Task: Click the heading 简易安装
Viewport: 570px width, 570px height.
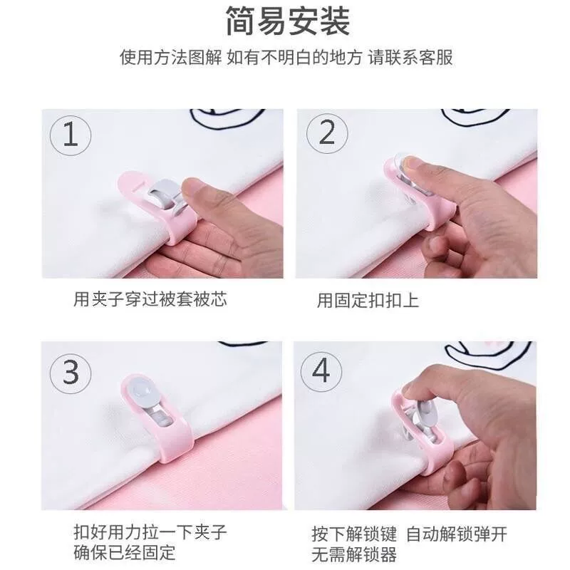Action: click(288, 21)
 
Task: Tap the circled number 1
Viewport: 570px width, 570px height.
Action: click(71, 135)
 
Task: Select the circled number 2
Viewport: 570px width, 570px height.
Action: click(327, 133)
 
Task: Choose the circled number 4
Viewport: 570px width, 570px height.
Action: click(321, 371)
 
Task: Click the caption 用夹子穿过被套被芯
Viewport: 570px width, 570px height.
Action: click(150, 299)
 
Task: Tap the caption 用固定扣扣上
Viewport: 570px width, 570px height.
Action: click(368, 301)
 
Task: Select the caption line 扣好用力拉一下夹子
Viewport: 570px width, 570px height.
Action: click(150, 532)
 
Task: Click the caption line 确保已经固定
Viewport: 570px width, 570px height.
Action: click(124, 553)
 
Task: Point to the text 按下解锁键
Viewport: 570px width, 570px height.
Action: click(354, 534)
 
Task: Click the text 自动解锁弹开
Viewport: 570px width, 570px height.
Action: click(456, 534)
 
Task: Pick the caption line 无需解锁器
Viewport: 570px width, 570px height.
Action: click(354, 555)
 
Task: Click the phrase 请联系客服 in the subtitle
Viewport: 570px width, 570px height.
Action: click(411, 58)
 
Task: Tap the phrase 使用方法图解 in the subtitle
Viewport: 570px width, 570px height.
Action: click(170, 58)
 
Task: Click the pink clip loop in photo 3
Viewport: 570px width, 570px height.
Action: click(171, 447)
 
